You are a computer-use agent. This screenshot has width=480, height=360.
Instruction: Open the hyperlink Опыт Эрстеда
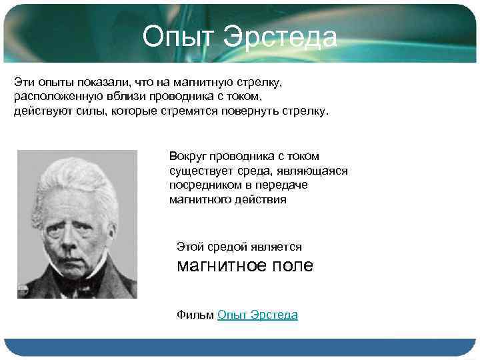257,315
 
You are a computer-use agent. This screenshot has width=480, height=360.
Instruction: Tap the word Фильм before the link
195,315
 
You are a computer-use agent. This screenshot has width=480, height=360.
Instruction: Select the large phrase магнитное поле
244,265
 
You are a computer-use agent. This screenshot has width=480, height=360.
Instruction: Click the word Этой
190,247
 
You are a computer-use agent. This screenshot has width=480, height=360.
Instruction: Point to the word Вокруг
188,156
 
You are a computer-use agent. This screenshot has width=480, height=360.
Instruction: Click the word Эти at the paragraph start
23,82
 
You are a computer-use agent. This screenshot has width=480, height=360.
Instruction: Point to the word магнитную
197,82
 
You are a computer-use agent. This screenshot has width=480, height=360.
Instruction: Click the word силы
75,111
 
